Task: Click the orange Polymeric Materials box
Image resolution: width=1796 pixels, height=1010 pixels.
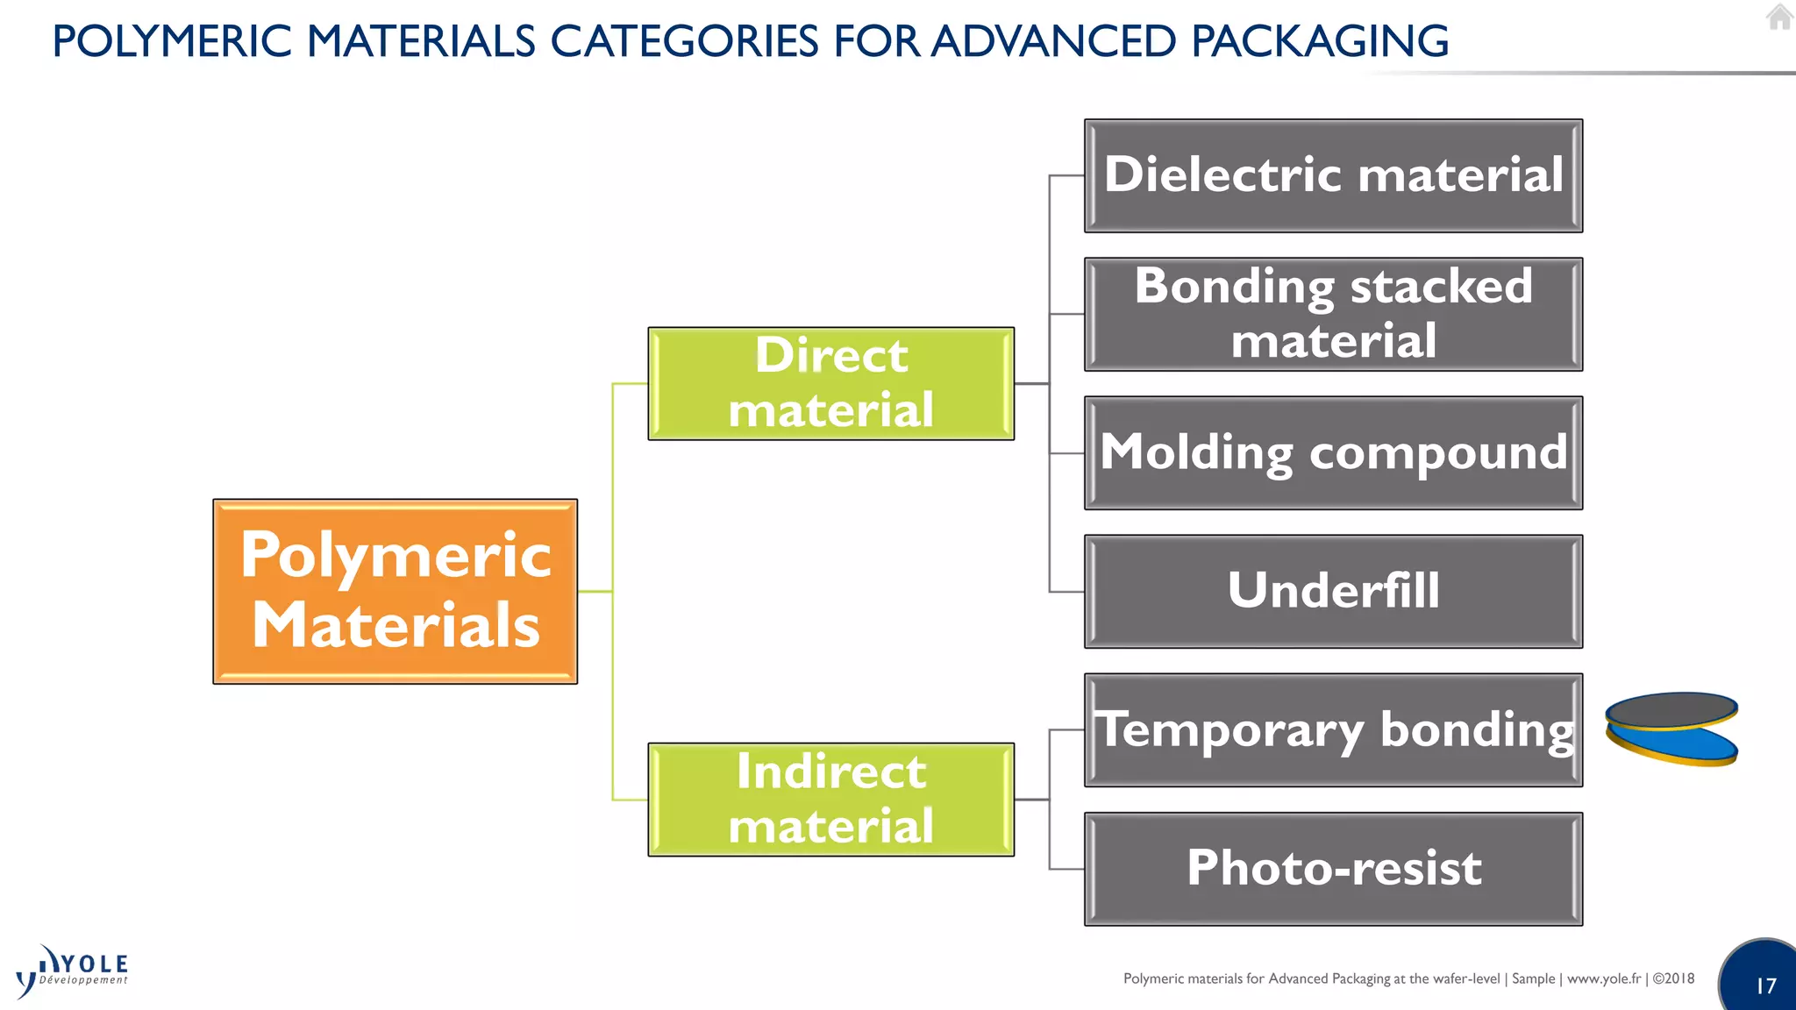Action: tap(395, 591)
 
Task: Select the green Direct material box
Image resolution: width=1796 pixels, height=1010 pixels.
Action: tap(830, 383)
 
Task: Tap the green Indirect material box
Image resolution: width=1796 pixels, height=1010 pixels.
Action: tap(830, 799)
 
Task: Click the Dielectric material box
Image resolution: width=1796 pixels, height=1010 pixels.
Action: tap(1333, 175)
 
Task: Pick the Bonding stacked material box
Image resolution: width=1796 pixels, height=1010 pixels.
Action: tap(1333, 314)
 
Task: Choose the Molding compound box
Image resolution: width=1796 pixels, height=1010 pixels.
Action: tap(1333, 452)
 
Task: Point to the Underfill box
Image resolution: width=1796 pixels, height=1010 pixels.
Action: tap(1333, 591)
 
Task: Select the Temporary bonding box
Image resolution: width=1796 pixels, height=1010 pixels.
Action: tap(1333, 729)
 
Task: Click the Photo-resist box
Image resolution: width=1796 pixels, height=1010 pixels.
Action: tap(1333, 868)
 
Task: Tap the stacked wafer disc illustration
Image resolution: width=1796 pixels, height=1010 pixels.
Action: tap(1671, 729)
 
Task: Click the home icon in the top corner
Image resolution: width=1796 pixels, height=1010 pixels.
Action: tap(1779, 17)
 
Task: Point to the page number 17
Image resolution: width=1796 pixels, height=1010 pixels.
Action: tap(1765, 985)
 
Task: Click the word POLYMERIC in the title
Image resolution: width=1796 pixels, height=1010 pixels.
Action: tap(172, 41)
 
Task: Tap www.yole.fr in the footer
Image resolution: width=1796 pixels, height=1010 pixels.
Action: tap(1603, 978)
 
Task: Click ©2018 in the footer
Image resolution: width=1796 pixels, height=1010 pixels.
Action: tap(1673, 978)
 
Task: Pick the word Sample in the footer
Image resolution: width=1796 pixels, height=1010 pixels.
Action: tap(1533, 978)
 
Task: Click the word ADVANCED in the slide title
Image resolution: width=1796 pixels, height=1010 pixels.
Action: tap(1053, 41)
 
